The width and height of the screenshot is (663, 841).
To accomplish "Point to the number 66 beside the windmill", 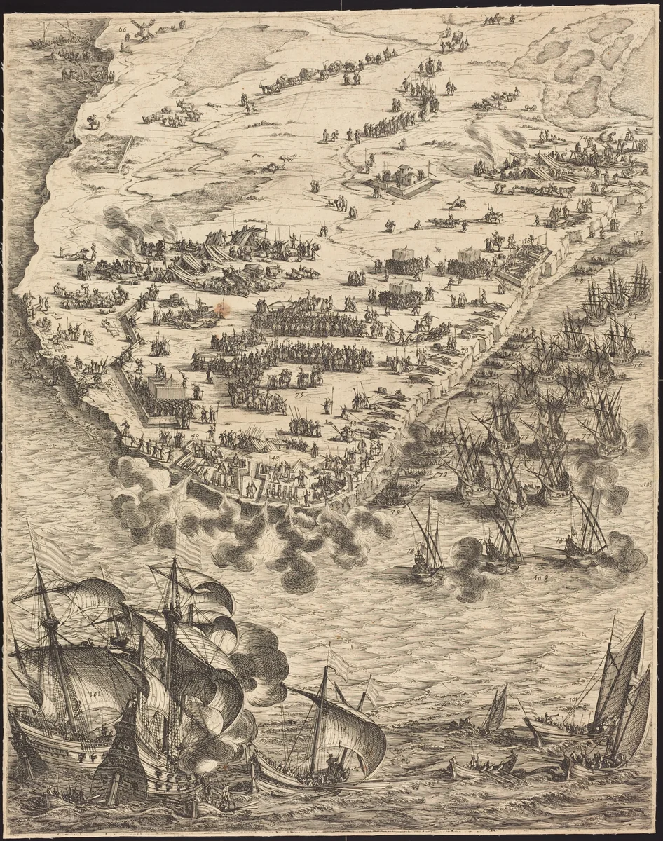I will [123, 29].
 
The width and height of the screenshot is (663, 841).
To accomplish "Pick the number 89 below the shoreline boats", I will [579, 280].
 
